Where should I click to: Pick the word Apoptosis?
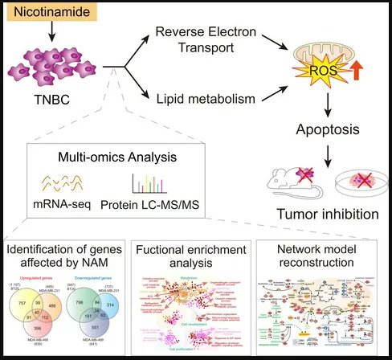click(329, 128)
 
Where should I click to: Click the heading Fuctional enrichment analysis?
click(195, 258)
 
